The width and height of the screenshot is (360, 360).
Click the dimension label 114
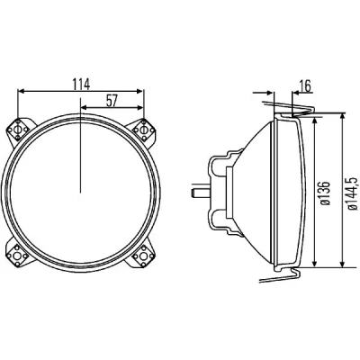coord(81,85)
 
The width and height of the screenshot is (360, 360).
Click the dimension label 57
coord(112,101)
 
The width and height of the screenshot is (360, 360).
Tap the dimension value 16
coord(305,86)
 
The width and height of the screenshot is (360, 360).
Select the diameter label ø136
coord(325,193)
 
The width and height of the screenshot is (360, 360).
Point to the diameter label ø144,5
coord(352,193)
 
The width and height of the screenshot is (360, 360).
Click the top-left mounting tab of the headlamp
coord(20,131)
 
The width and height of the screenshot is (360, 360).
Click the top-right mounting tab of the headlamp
coord(142,130)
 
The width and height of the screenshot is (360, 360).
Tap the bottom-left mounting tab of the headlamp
coord(20,254)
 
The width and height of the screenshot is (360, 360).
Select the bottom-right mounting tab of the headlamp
coord(142,254)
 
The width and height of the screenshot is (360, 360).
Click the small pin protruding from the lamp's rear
coord(200,193)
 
